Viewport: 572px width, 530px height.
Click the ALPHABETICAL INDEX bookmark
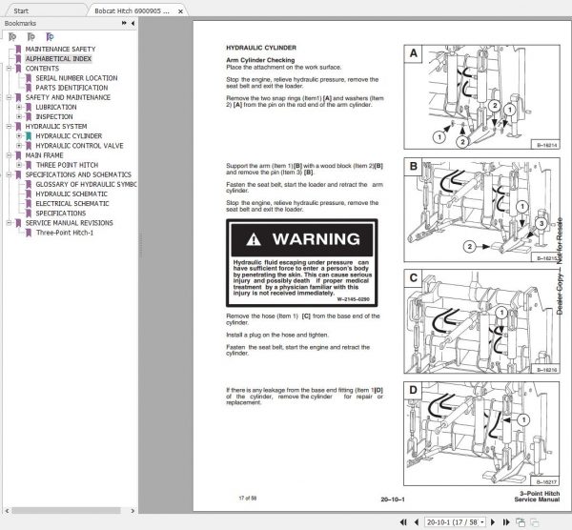58,58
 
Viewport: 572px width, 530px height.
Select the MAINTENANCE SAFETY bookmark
60,48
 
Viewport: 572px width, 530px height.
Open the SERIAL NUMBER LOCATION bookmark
76,78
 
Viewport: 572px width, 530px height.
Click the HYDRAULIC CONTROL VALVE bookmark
85,145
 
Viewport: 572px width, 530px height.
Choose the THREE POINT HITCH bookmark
70,165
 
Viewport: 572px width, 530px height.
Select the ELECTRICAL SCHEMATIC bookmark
77,203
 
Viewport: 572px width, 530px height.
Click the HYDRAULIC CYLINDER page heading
255,47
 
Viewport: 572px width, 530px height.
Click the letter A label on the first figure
413,54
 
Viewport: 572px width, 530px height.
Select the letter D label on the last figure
413,390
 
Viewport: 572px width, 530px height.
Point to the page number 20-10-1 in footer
393,497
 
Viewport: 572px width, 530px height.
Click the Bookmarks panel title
19,25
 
